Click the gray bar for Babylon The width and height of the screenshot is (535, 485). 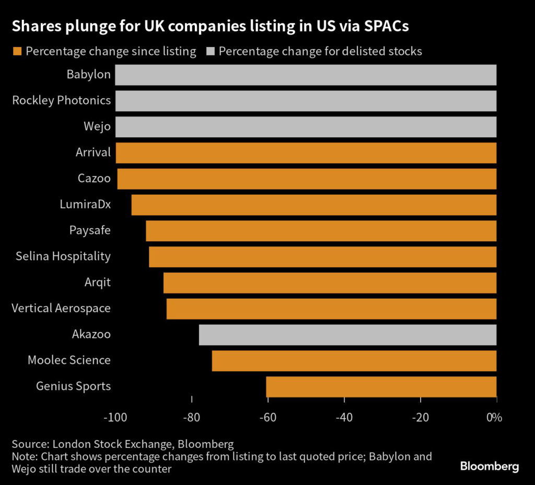pos(306,75)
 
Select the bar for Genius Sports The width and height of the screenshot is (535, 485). pos(381,386)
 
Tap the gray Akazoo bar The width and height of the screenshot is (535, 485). pos(347,334)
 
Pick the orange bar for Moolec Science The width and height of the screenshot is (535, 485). pos(354,360)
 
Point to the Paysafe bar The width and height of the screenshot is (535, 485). pos(321,230)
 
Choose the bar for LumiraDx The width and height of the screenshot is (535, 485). pos(313,205)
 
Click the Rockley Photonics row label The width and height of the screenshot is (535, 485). pos(61,100)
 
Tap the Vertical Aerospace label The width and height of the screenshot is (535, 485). pos(61,308)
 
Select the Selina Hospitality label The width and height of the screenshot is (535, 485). pos(63,256)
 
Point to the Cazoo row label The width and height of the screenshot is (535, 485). pos(94,179)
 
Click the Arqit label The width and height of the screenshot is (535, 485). pos(98,282)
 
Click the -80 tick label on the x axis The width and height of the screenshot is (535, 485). pos(192,418)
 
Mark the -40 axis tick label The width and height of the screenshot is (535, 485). pos(344,418)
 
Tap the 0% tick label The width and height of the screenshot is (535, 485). pos(494,418)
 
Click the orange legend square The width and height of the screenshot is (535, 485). pos(17,51)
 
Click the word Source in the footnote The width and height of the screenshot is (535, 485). pos(29,444)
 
